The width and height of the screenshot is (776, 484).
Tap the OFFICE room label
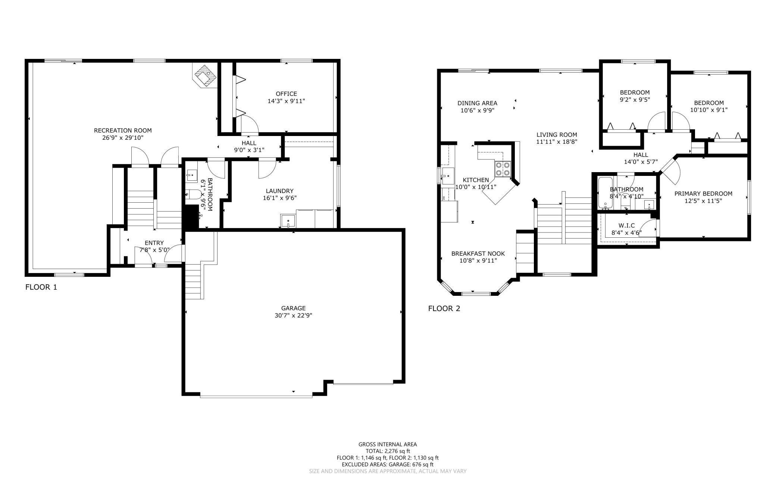pos(286,94)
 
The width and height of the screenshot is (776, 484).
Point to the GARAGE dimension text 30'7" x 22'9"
pos(293,315)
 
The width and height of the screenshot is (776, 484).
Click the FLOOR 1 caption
pos(41,287)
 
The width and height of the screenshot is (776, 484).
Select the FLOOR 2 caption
pos(444,309)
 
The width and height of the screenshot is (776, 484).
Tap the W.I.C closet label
pos(626,226)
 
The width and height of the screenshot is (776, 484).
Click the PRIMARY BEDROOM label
pos(703,194)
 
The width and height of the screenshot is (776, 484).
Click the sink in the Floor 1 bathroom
pos(192,175)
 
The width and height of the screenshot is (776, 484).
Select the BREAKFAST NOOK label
pos(478,254)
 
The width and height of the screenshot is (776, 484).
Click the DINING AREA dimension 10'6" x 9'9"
pos(478,110)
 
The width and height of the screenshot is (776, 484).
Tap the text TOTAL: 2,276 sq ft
pos(388,451)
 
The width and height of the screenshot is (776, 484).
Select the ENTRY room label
pos(154,243)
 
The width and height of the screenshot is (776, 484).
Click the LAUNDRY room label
pos(279,191)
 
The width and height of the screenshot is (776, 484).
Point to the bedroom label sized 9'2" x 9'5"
pos(635,92)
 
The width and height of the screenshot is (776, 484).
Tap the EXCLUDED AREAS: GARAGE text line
pos(388,464)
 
